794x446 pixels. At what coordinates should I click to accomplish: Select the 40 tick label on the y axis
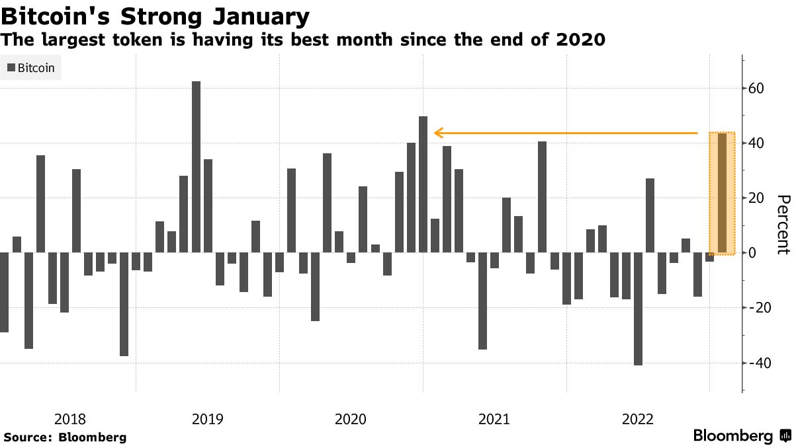point(756,143)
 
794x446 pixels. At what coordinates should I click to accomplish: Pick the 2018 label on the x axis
point(69,419)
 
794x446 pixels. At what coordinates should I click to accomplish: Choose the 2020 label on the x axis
point(351,419)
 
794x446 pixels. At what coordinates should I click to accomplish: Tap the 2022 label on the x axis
point(638,419)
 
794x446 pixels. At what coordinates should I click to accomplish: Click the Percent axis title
point(783,225)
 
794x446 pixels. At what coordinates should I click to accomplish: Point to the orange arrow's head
point(437,133)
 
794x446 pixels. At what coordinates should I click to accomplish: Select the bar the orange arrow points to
point(423,184)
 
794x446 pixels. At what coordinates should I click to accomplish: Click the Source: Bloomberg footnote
point(65,437)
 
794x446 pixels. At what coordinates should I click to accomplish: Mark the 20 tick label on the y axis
point(756,198)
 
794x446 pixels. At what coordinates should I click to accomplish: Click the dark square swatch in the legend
point(10,67)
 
